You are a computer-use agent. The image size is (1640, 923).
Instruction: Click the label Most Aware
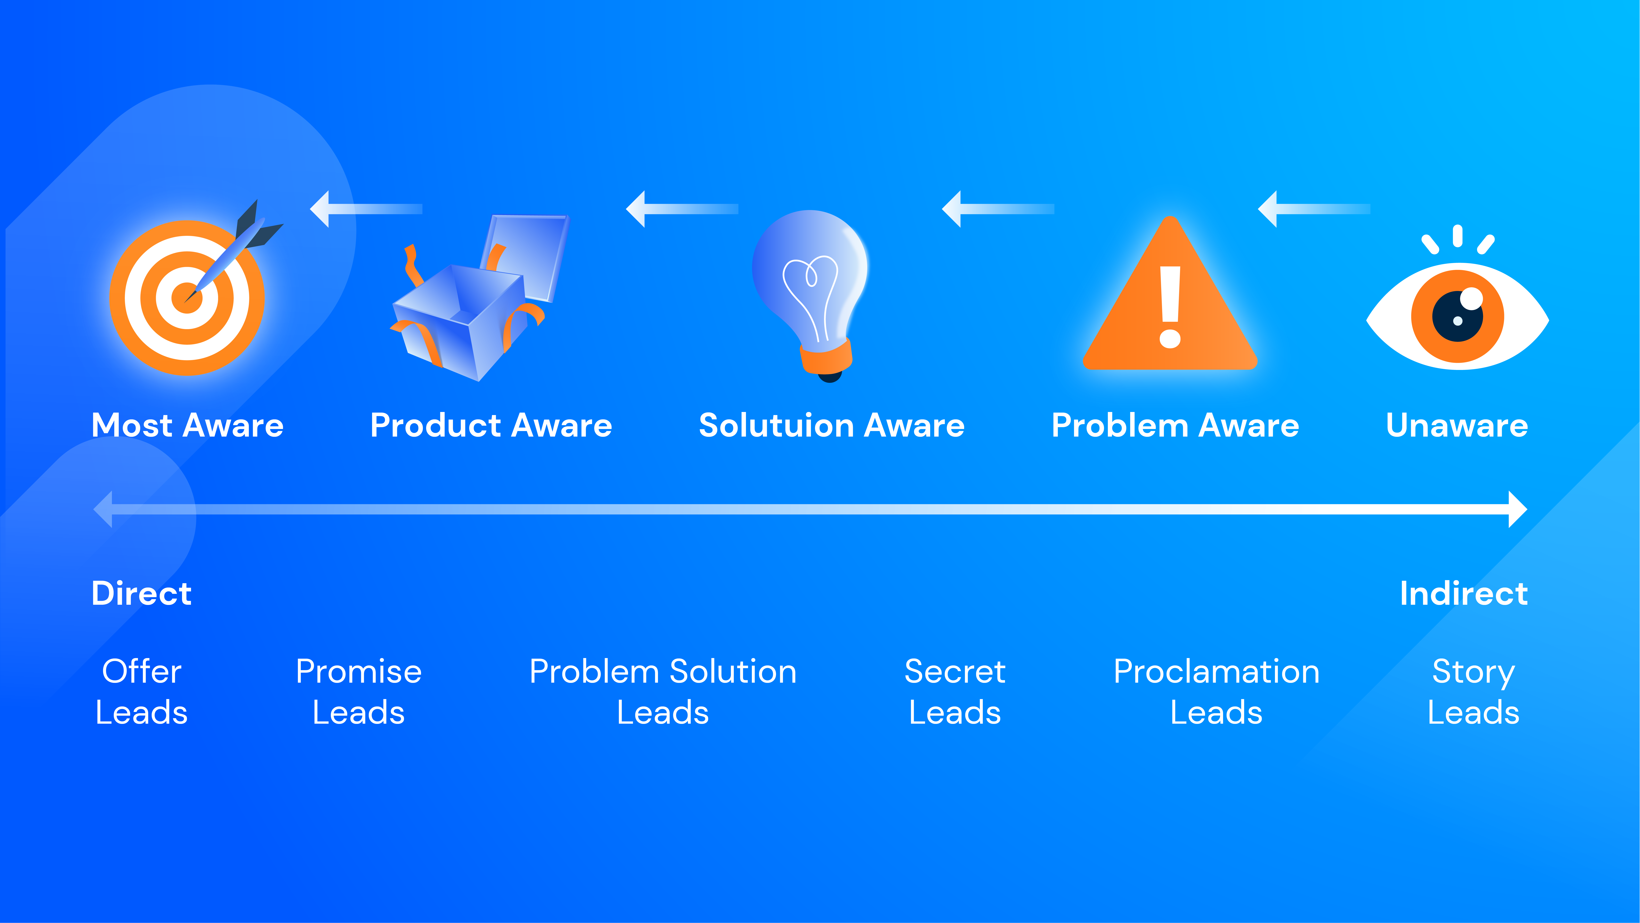(187, 426)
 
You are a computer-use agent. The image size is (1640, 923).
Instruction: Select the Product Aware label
(491, 426)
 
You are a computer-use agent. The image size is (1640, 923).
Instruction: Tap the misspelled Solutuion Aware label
(831, 426)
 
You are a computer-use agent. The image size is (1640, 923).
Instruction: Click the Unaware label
(1457, 426)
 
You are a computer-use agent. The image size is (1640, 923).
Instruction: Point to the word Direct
(141, 594)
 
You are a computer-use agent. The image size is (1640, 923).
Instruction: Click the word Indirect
(1463, 594)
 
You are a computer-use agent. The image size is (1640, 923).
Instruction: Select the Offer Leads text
(141, 692)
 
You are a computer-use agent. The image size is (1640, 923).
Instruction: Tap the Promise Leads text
(359, 692)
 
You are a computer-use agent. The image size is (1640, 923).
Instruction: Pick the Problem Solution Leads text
(663, 692)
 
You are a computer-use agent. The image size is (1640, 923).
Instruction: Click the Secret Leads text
(955, 692)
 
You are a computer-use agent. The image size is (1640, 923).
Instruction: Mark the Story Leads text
(1473, 692)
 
